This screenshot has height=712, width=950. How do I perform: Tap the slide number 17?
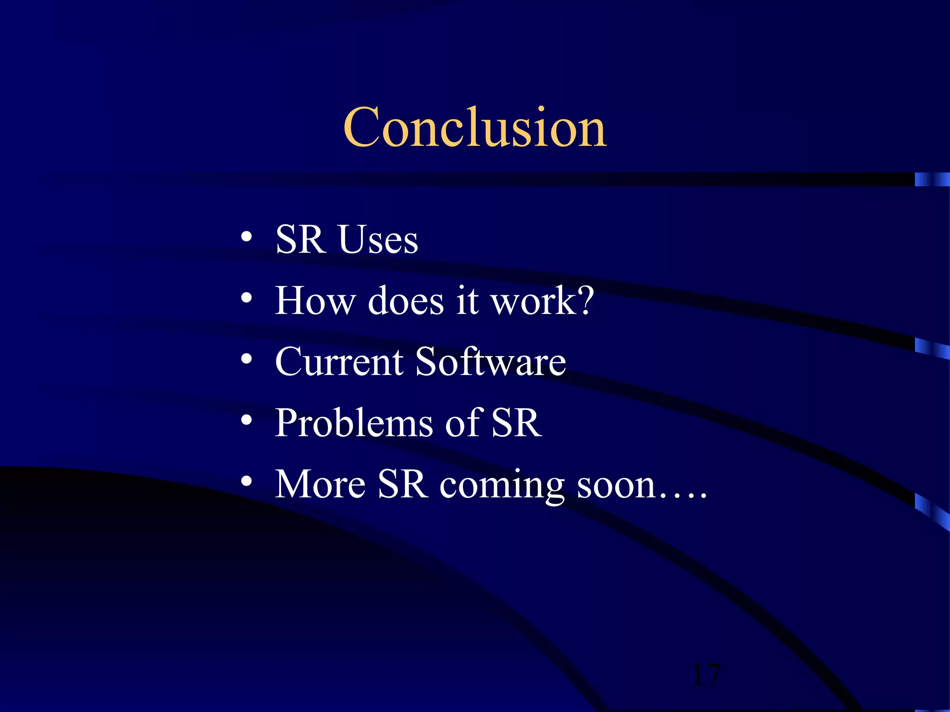(x=706, y=675)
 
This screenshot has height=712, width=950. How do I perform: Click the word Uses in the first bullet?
(x=378, y=240)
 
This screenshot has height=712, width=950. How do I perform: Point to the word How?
(x=315, y=301)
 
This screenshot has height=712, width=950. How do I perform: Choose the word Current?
(x=339, y=362)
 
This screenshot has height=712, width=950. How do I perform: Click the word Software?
(x=490, y=362)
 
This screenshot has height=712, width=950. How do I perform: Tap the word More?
(x=321, y=484)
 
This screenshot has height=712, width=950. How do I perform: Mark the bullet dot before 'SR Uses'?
(x=246, y=237)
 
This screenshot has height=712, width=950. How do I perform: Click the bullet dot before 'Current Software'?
(x=246, y=359)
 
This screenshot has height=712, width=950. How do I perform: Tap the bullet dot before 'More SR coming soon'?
(x=246, y=482)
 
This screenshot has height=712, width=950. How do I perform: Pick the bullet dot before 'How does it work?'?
(x=246, y=298)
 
